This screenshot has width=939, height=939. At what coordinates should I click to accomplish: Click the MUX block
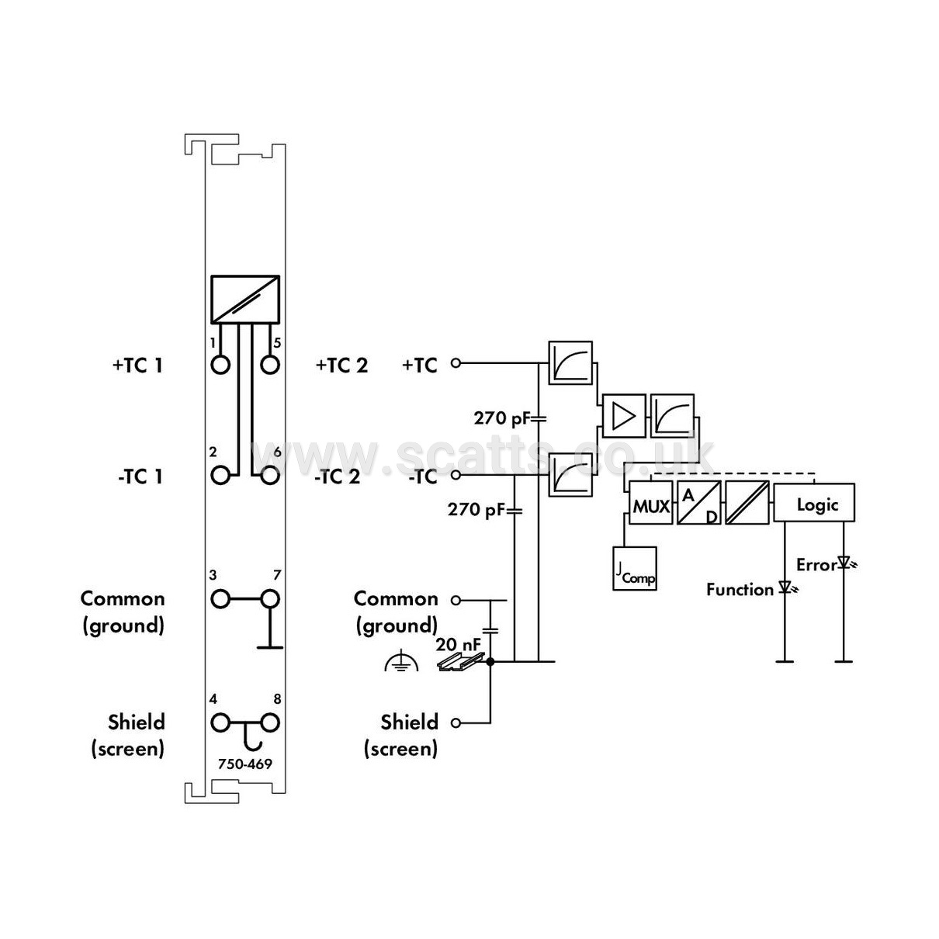[650, 502]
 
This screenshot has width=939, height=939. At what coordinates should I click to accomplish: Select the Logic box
[814, 502]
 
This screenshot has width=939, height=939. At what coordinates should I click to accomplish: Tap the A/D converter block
[698, 502]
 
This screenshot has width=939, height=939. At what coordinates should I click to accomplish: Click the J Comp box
[635, 569]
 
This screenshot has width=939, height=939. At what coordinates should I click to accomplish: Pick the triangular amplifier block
[624, 416]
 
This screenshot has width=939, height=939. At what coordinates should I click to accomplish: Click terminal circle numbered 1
[220, 365]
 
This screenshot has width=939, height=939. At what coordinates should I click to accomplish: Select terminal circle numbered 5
[270, 365]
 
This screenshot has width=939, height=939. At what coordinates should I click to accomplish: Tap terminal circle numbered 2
[220, 475]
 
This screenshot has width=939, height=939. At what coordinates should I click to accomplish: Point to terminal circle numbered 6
[270, 475]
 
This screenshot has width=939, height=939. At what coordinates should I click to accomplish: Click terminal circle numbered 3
[220, 599]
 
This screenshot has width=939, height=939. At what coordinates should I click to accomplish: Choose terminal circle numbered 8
[270, 722]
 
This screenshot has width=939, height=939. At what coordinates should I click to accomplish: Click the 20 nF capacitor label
[458, 644]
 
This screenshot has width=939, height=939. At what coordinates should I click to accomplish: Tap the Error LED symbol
[845, 564]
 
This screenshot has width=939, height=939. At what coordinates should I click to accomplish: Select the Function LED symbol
[787, 587]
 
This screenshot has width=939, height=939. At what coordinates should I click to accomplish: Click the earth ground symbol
[401, 661]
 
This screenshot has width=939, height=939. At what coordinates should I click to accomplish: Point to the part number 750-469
[244, 764]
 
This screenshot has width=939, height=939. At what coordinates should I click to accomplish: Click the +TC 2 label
[341, 365]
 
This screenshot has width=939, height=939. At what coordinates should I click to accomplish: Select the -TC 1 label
[140, 476]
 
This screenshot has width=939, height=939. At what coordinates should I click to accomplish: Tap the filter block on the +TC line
[570, 363]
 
